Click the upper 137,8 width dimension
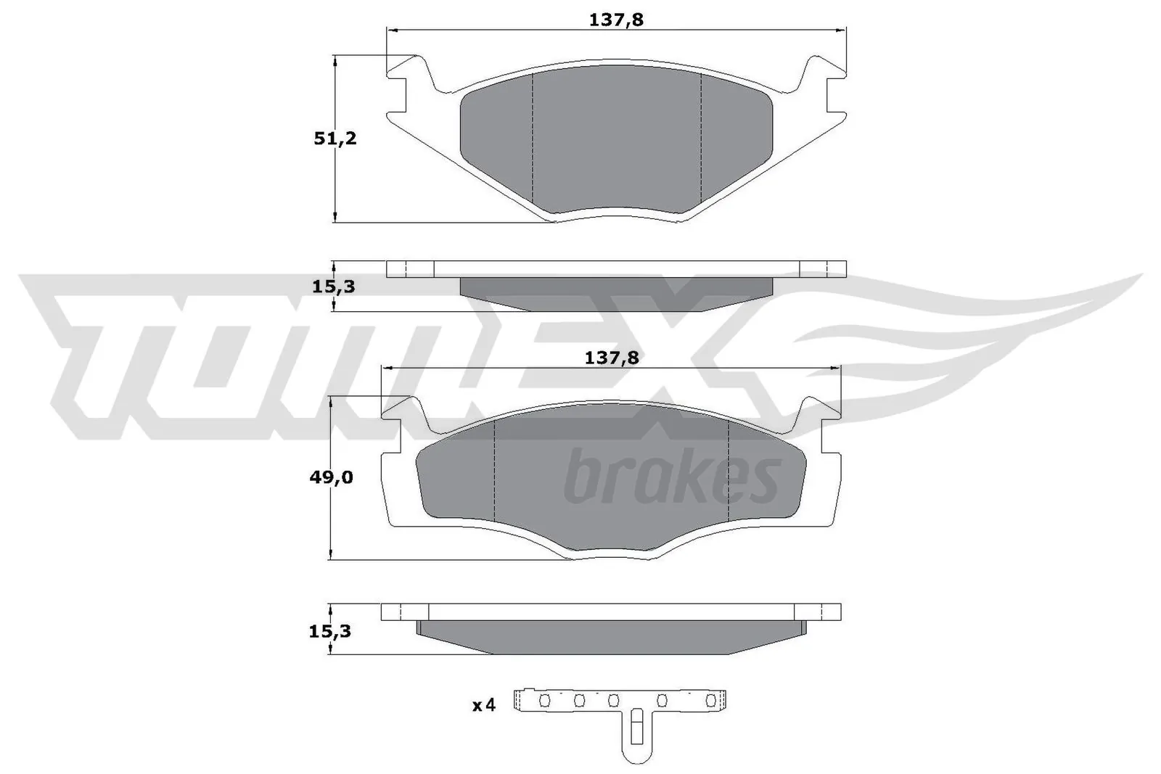[x=616, y=20]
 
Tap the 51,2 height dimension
[x=335, y=138]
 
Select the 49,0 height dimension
[x=331, y=477]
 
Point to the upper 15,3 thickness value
[x=333, y=287]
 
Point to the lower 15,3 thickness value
[x=329, y=631]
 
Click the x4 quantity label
[x=483, y=704]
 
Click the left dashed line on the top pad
[x=533, y=138]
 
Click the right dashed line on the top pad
[x=700, y=138]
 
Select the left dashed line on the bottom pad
[x=493, y=472]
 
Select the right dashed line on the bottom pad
[x=728, y=472]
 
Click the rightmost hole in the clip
[x=712, y=701]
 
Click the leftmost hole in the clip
[x=545, y=701]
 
